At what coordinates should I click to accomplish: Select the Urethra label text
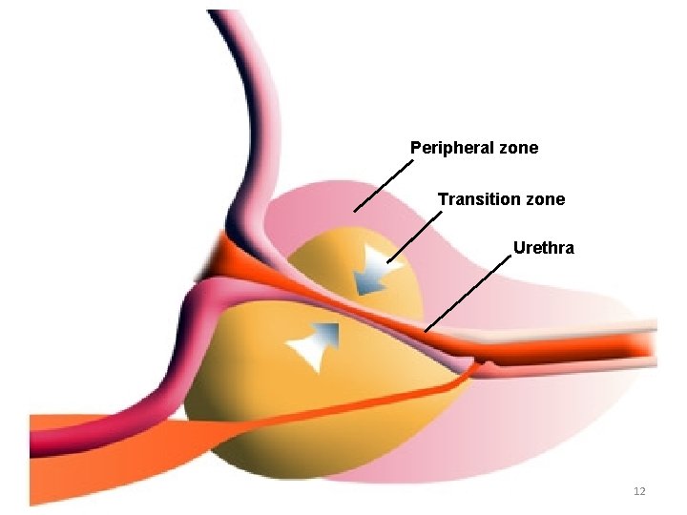click(x=544, y=248)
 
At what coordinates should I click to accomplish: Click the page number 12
click(x=639, y=491)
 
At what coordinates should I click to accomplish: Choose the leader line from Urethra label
click(x=467, y=296)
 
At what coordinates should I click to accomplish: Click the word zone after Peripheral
click(x=517, y=148)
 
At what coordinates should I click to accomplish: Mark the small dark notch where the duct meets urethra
click(x=485, y=364)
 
